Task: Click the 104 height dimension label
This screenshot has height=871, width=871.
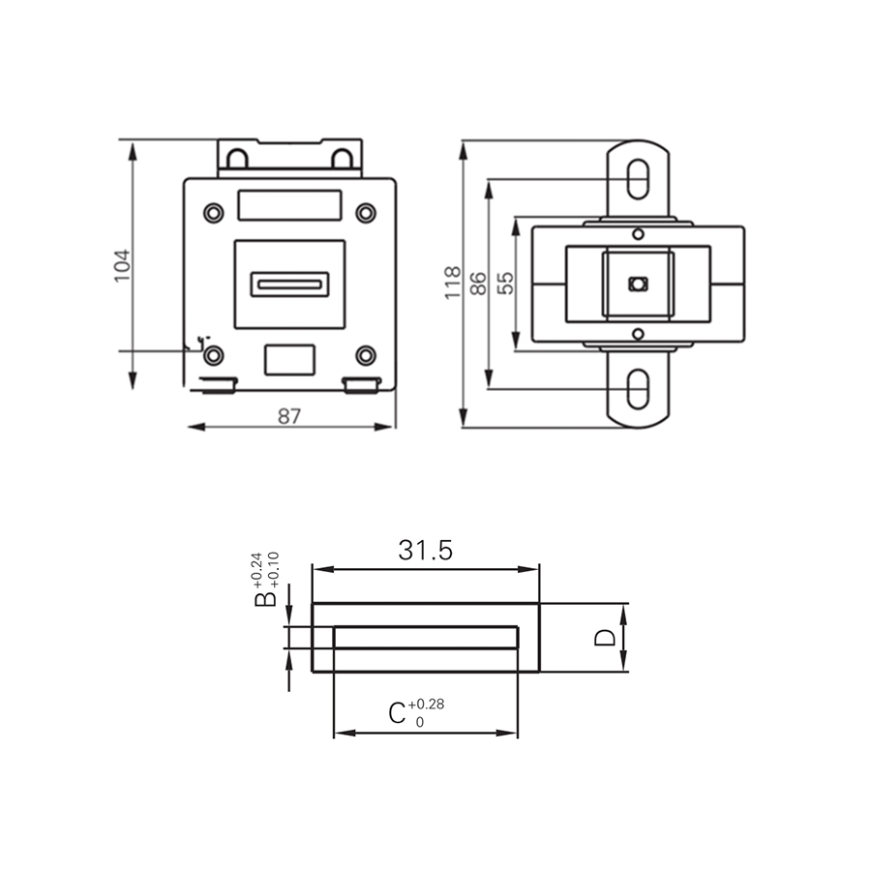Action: (122, 265)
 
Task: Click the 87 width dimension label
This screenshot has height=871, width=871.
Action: (289, 416)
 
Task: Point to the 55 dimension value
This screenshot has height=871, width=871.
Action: (504, 283)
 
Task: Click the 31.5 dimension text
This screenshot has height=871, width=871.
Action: (425, 551)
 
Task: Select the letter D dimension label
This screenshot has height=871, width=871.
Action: (604, 637)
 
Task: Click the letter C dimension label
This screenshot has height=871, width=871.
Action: (397, 714)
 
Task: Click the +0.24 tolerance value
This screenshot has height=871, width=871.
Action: (256, 568)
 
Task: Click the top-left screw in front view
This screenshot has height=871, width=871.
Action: (212, 212)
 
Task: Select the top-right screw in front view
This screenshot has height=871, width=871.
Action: (365, 212)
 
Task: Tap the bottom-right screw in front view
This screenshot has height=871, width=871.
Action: (365, 355)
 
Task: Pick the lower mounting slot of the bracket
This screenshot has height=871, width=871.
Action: (638, 390)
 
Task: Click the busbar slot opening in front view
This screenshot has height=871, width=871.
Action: (289, 285)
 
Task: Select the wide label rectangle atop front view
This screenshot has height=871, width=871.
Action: (289, 205)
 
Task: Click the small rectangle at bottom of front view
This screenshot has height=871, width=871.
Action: (289, 359)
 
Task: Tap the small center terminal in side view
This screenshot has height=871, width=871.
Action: (637, 284)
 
